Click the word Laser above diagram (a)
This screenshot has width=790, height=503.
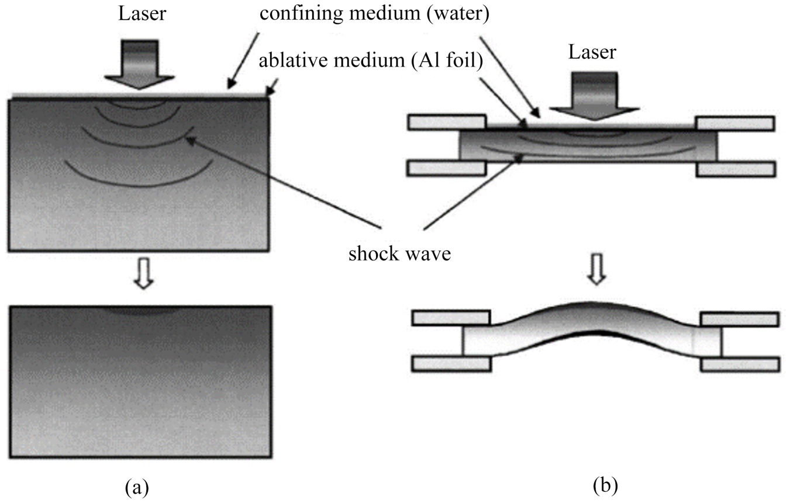(x=142, y=15)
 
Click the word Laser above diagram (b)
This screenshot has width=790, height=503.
(x=592, y=53)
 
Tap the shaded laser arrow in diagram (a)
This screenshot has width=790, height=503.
(x=140, y=64)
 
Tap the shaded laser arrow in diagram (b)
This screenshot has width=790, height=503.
(x=595, y=96)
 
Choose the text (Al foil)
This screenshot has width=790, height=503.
(x=446, y=61)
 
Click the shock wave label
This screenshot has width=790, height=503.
(x=399, y=254)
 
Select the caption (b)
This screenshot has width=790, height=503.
(x=605, y=485)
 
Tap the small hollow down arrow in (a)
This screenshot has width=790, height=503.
(x=143, y=273)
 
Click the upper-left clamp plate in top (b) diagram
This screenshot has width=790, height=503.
(x=447, y=123)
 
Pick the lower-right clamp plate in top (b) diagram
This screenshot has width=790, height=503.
(x=736, y=169)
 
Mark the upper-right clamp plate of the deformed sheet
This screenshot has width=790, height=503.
(x=740, y=320)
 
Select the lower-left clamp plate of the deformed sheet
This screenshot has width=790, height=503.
(x=451, y=364)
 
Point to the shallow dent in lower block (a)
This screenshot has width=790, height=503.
(x=141, y=311)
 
